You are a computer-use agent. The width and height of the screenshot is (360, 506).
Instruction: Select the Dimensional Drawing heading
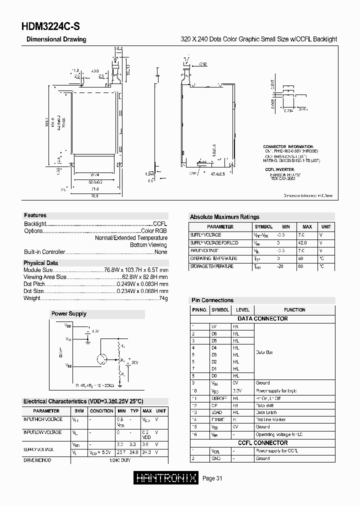pyautogui.click(x=56, y=39)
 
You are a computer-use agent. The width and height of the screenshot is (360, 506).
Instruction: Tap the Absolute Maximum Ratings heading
pyautogui.click(x=224, y=217)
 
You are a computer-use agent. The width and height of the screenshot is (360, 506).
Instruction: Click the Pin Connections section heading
pyautogui.click(x=212, y=300)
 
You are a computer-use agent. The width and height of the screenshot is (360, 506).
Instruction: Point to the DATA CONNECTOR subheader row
pyautogui.click(x=262, y=318)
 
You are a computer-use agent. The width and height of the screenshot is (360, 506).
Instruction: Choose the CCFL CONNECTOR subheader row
pyautogui.click(x=262, y=442)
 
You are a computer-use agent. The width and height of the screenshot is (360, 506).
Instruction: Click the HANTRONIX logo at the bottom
pyautogui.click(x=166, y=478)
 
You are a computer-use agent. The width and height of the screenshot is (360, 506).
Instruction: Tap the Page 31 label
pyautogui.click(x=212, y=478)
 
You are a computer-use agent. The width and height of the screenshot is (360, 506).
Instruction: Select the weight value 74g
pyautogui.click(x=163, y=298)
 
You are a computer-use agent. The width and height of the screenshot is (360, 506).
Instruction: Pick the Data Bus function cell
pyautogui.click(x=265, y=352)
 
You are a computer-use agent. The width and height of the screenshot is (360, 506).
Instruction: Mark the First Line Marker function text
pyautogui.click(x=270, y=419)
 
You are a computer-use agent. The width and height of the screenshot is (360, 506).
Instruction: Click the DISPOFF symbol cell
pyautogui.click(x=219, y=398)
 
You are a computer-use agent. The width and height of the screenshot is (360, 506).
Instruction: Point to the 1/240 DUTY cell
pyautogui.click(x=119, y=460)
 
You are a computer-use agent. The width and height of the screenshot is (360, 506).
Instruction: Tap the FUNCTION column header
pyautogui.click(x=294, y=309)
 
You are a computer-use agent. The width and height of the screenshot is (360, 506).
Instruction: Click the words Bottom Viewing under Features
pyautogui.click(x=148, y=245)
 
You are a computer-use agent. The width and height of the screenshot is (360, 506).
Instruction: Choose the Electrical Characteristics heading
pyautogui.click(x=83, y=401)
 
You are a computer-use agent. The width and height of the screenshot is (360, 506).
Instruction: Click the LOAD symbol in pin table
pyautogui.click(x=217, y=412)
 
